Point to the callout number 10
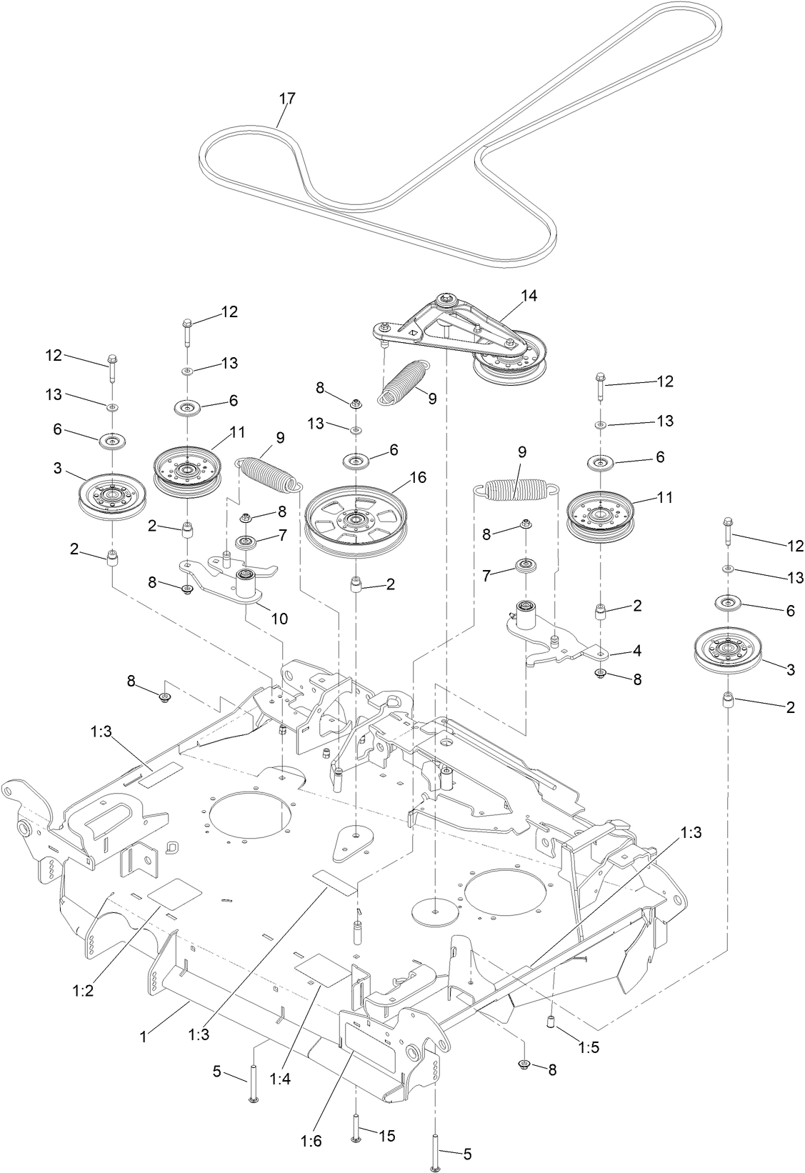(x=279, y=619)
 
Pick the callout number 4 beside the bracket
(x=636, y=651)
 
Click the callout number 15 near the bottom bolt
(x=386, y=1135)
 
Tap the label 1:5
(x=589, y=1050)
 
